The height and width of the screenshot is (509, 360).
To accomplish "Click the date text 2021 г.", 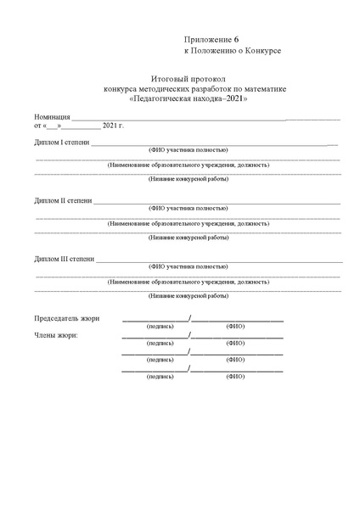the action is [x=113, y=126].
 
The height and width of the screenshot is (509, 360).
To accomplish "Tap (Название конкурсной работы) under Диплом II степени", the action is [x=188, y=238].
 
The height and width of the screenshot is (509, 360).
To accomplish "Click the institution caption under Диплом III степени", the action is [x=188, y=281].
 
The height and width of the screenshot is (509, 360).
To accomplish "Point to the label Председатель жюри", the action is [x=66, y=318].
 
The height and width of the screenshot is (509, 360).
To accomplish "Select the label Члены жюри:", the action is [x=57, y=335].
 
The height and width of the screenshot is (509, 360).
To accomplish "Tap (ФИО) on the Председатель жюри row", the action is [x=235, y=326].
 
